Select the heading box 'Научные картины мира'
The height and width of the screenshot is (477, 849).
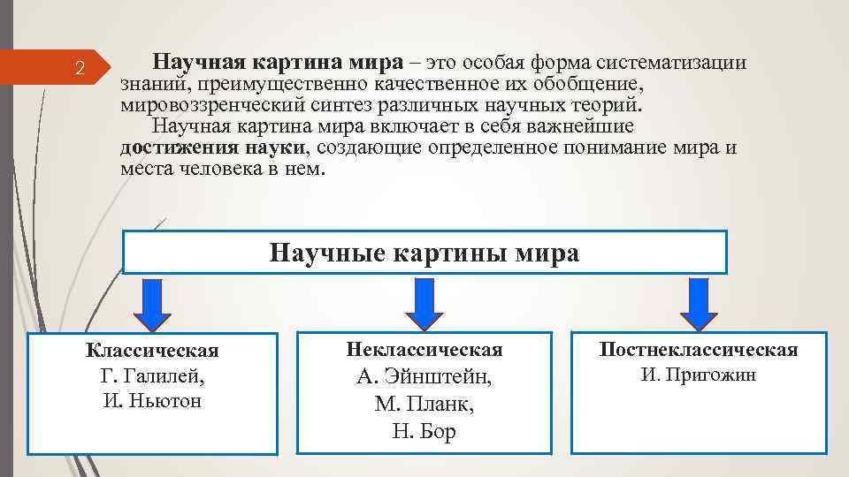424,254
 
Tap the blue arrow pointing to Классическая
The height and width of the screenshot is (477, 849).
151,302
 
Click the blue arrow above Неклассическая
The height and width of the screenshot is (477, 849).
424,302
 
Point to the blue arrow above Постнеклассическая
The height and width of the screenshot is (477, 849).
699,302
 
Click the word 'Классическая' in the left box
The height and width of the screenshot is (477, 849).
152,352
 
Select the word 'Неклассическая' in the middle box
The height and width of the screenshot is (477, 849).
424,350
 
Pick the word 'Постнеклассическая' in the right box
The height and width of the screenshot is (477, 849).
699,350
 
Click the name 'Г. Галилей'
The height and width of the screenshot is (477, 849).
152,376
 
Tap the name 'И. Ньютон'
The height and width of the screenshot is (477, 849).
152,401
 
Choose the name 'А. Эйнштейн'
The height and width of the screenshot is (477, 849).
424,377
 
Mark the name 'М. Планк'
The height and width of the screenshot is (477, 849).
424,405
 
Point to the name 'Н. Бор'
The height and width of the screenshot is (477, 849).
424,432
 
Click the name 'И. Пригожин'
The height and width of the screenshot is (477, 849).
699,375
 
